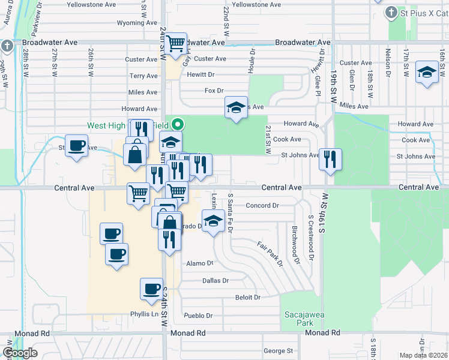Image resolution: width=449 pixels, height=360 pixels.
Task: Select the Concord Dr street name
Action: coord(262,205)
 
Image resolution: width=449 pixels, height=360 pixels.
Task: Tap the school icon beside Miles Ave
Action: coord(236,108)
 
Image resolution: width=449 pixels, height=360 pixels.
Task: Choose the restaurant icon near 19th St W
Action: coord(330,160)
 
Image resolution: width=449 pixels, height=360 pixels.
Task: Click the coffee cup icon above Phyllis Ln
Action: coord(151,289)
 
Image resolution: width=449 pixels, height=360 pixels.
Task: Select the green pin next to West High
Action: coord(178,125)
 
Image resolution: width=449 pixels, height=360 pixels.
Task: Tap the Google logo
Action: coord(20,353)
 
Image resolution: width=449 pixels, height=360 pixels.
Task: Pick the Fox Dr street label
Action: coord(214,91)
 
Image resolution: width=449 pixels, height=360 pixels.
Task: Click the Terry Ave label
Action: coord(143,76)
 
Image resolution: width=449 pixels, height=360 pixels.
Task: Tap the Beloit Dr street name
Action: coord(248,297)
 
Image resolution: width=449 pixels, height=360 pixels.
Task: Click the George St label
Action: coord(278,350)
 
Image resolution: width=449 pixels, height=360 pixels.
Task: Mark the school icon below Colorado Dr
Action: coord(212,222)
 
